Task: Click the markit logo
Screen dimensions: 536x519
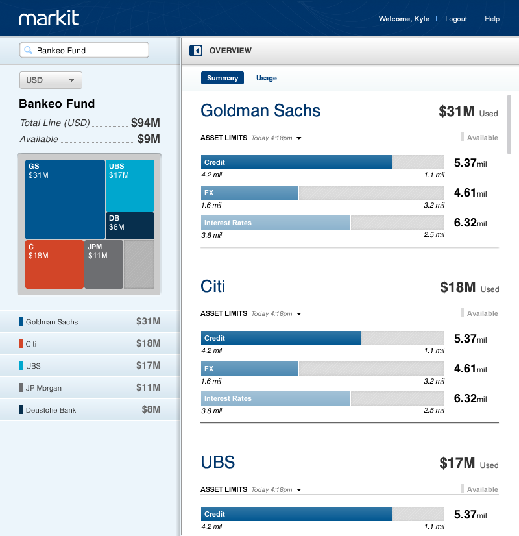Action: [x=49, y=18]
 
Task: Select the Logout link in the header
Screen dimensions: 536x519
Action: [x=456, y=19]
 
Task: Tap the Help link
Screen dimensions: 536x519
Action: [x=492, y=19]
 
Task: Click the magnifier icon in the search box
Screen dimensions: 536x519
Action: [x=29, y=50]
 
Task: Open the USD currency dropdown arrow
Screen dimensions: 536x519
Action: [x=71, y=80]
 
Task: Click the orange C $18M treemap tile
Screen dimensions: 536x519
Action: [x=54, y=264]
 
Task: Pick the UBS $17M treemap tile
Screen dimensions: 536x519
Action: [x=130, y=185]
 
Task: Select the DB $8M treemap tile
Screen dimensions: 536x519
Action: [x=130, y=226]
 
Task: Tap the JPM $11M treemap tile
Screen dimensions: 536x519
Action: [x=103, y=264]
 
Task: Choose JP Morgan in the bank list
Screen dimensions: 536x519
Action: [x=44, y=388]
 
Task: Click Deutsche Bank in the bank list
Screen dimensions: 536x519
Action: [x=51, y=410]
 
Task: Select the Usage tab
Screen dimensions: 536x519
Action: [x=266, y=78]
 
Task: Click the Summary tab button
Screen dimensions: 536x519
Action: [x=223, y=78]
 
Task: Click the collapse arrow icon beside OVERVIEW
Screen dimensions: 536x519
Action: [x=196, y=51]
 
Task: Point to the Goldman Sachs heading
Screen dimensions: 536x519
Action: [x=260, y=110]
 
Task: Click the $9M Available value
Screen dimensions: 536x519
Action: [x=149, y=139]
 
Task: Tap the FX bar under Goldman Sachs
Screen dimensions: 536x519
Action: [x=250, y=193]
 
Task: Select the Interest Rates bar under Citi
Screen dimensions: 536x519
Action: [x=276, y=398]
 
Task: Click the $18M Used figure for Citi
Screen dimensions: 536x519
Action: [x=458, y=287]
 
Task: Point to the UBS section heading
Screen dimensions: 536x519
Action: [x=217, y=462]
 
